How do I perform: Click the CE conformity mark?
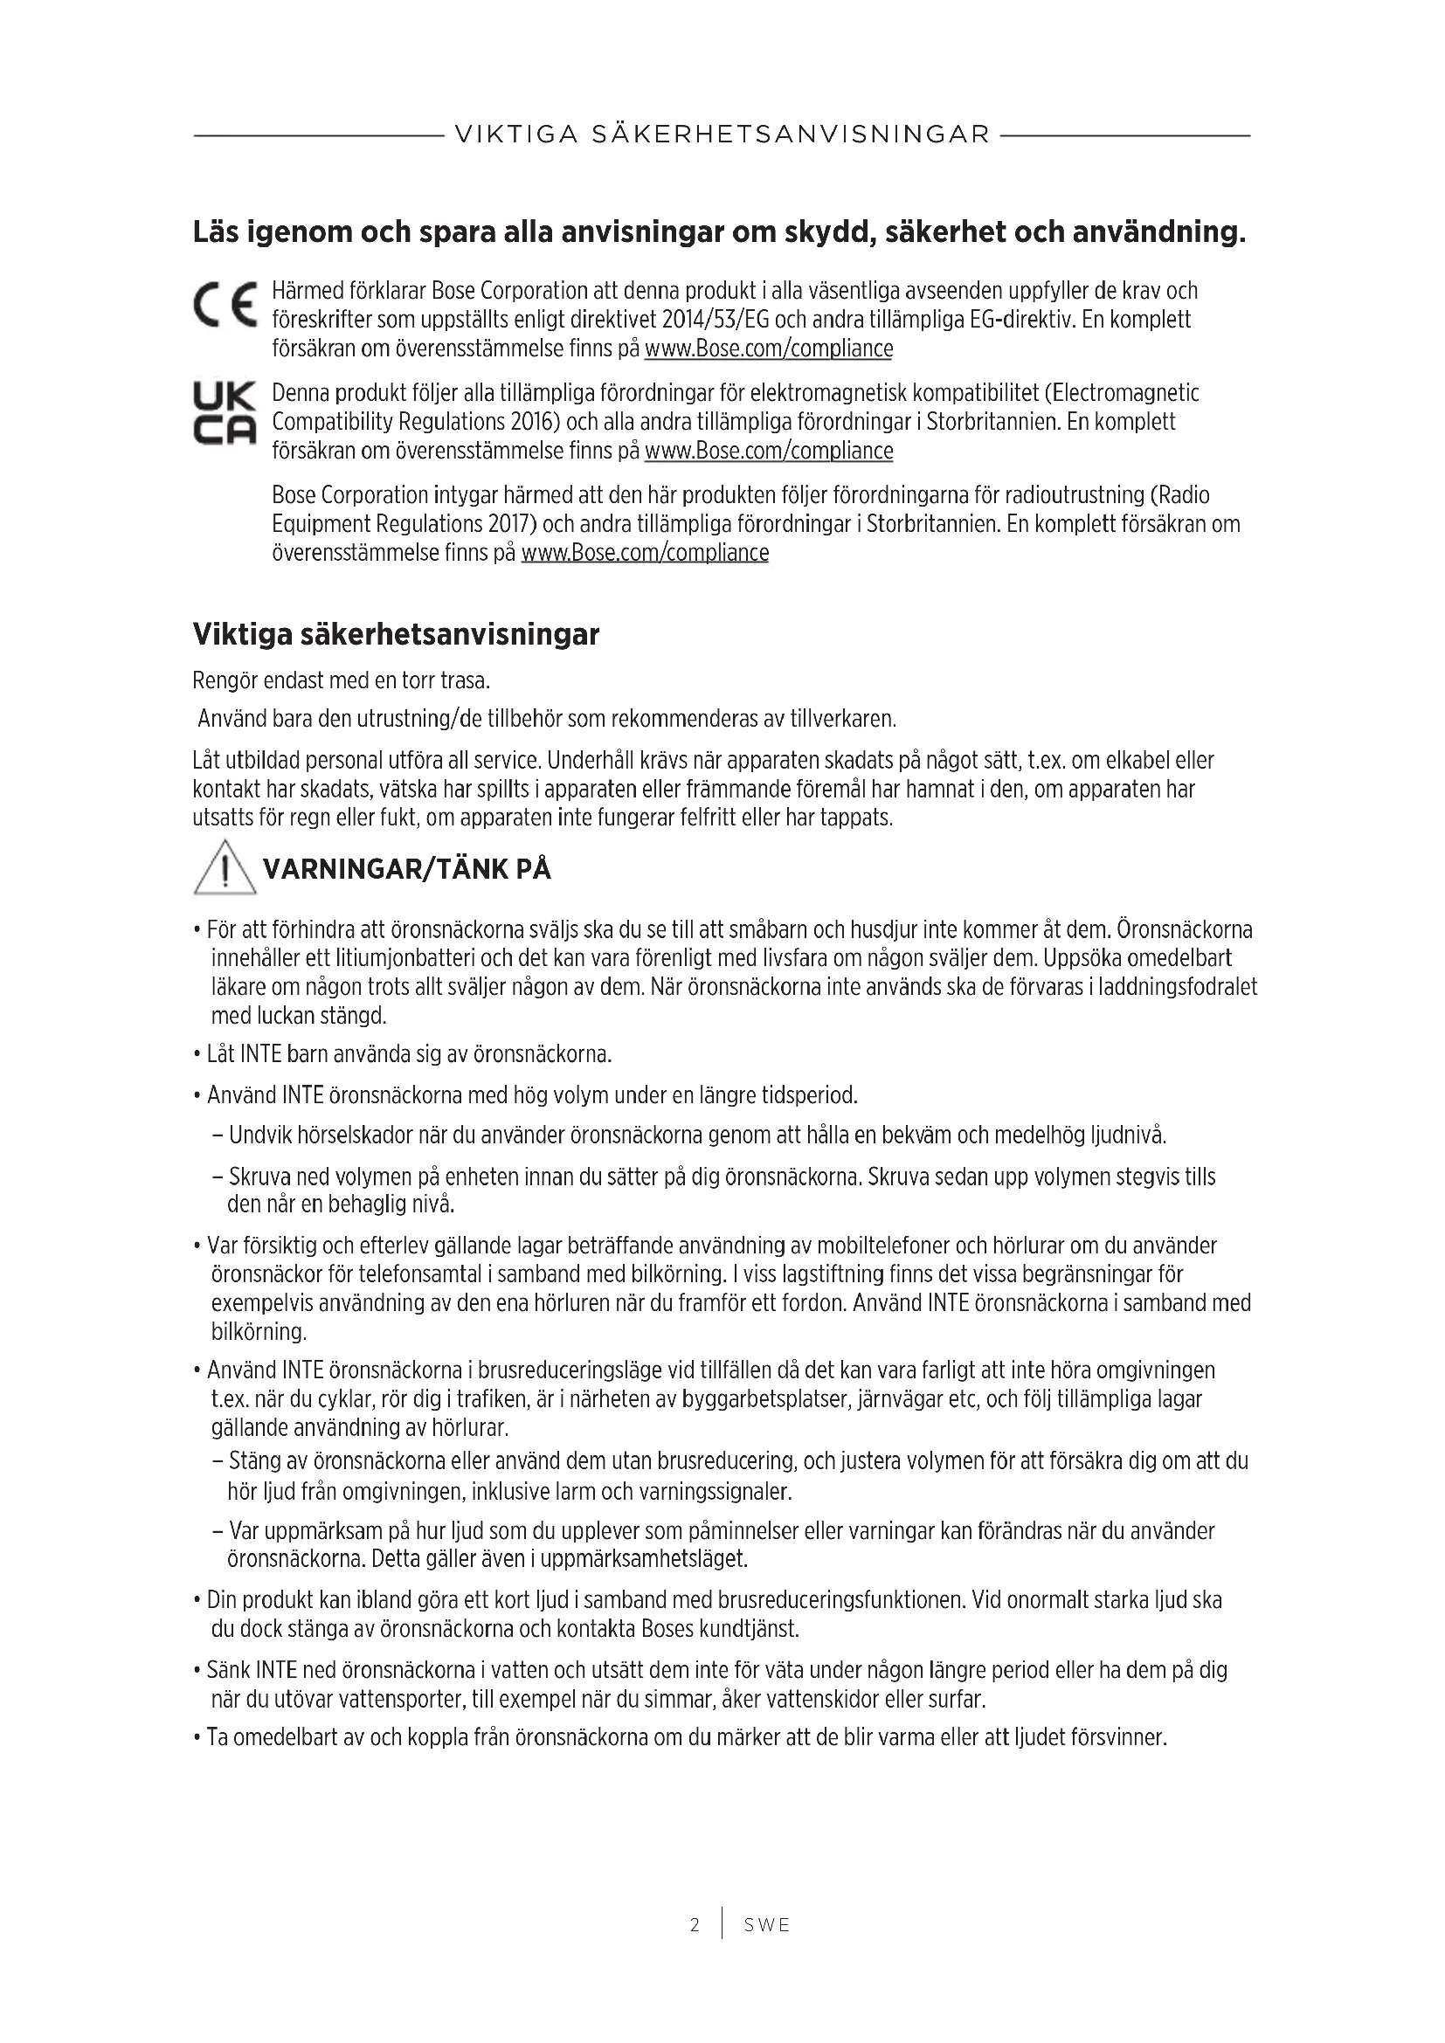coord(225,304)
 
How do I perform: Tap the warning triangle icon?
coord(225,869)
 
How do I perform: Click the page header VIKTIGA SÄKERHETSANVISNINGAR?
coord(722,135)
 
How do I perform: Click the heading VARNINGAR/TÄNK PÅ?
coord(407,869)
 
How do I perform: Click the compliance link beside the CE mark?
coord(768,349)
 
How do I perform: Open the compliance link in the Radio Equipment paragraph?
coord(644,553)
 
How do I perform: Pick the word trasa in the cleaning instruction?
coord(466,681)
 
